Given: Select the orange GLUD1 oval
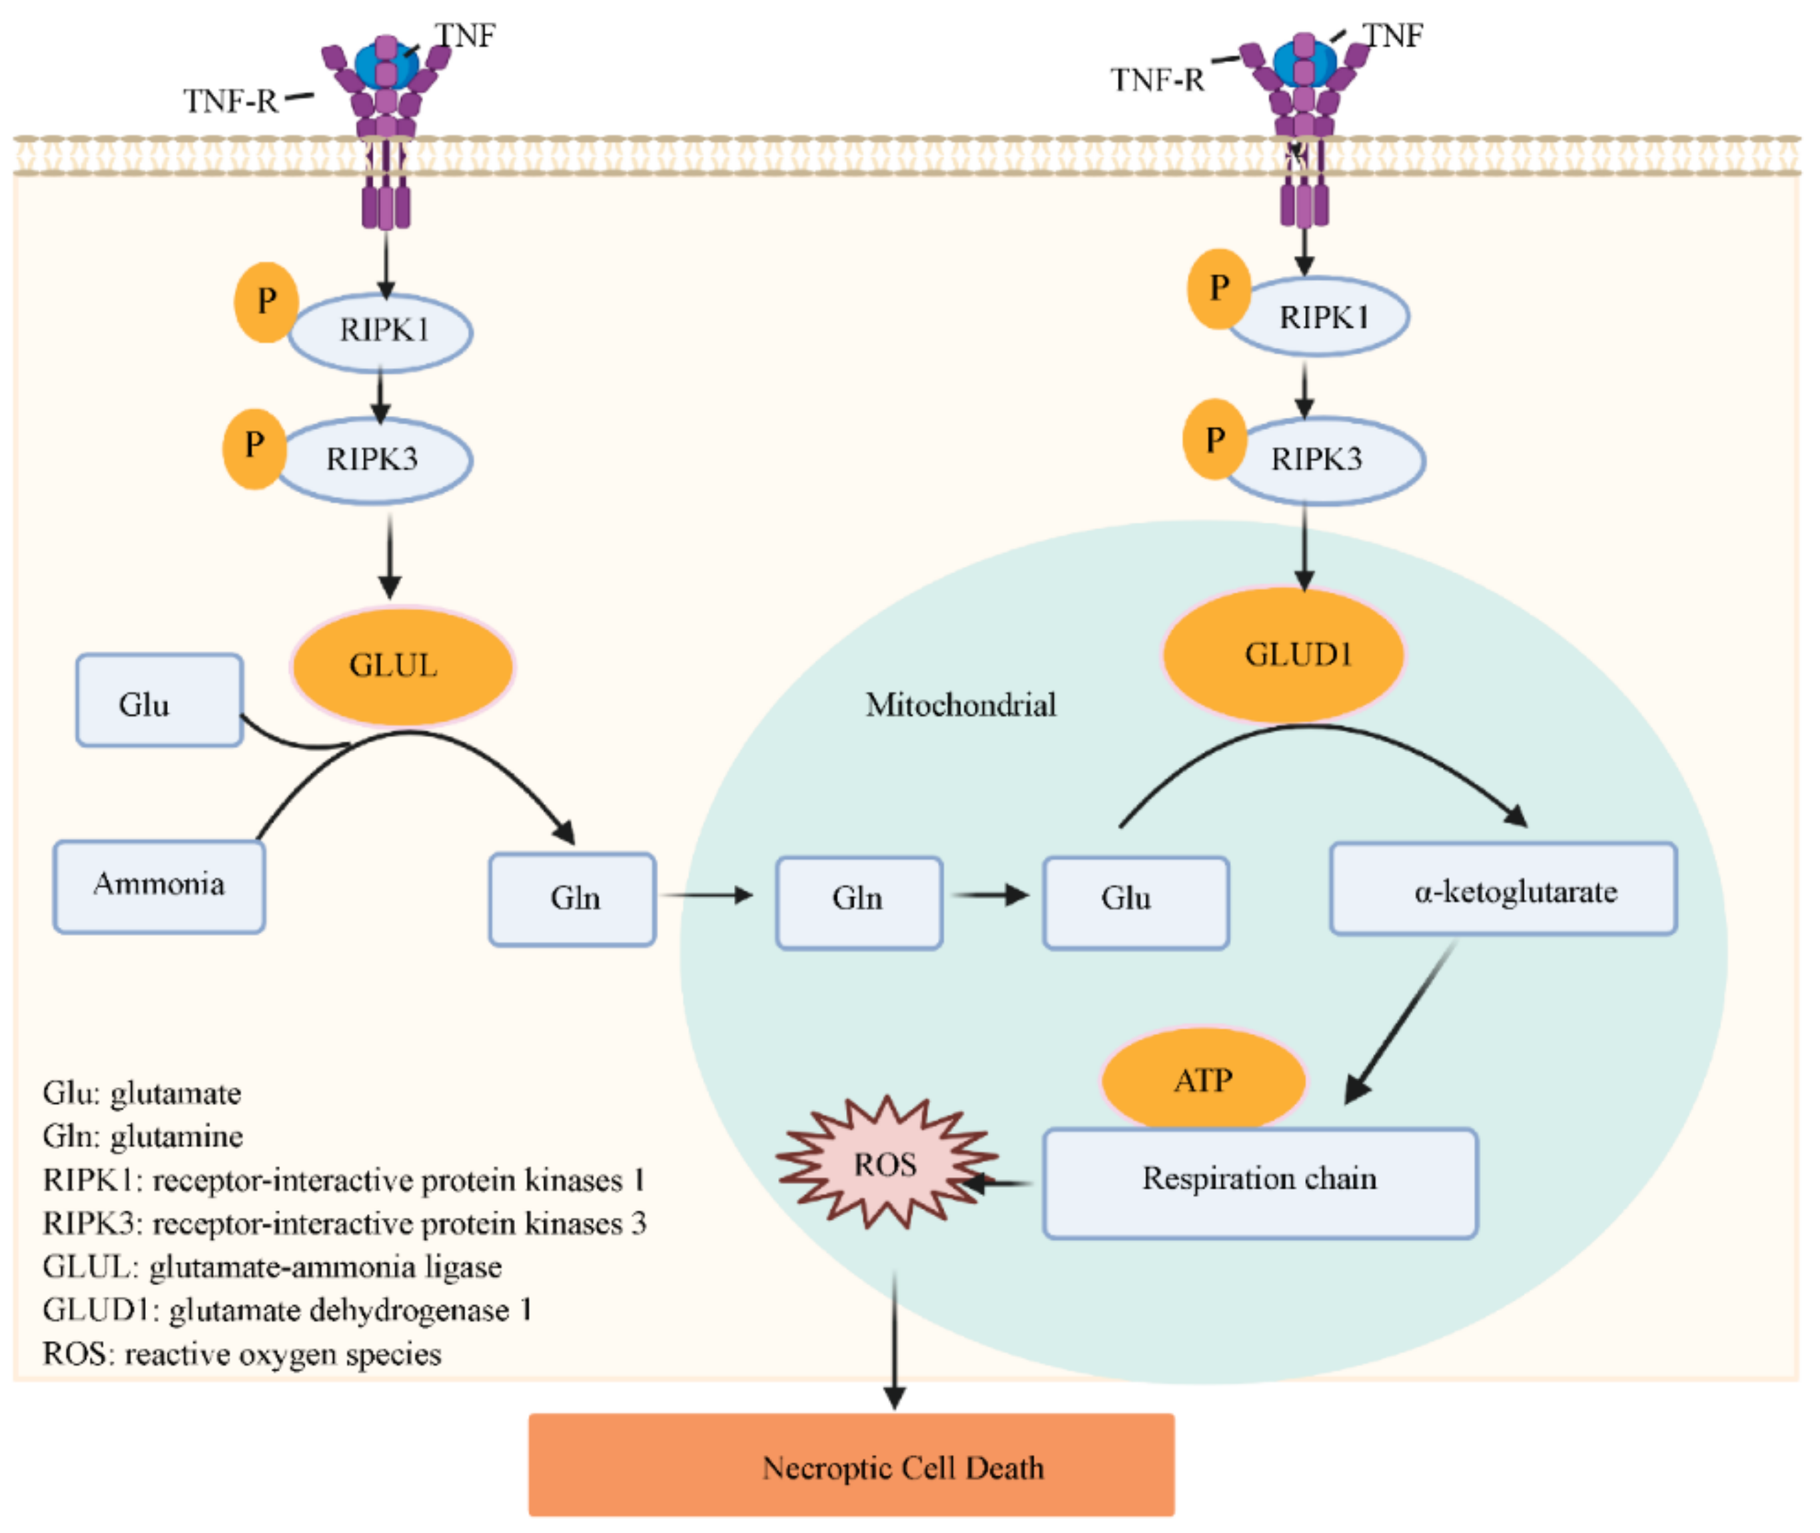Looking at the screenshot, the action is [x=1283, y=655].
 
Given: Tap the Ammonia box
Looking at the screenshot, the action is [x=159, y=886].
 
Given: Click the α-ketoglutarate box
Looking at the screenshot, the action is [x=1504, y=889].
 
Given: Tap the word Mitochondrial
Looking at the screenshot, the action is [x=961, y=705].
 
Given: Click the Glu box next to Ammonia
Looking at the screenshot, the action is [x=159, y=701].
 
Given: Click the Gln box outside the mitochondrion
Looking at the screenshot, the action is [x=572, y=899].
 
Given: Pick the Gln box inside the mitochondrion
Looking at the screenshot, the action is [x=859, y=903].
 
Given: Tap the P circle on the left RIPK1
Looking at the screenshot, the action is [x=266, y=303].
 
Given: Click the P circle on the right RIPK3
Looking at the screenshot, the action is [x=1214, y=440].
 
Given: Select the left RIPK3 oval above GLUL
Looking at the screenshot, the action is [x=374, y=460].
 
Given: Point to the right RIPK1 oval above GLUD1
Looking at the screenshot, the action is [x=1318, y=317].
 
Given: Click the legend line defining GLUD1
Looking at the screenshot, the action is [x=288, y=1310].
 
